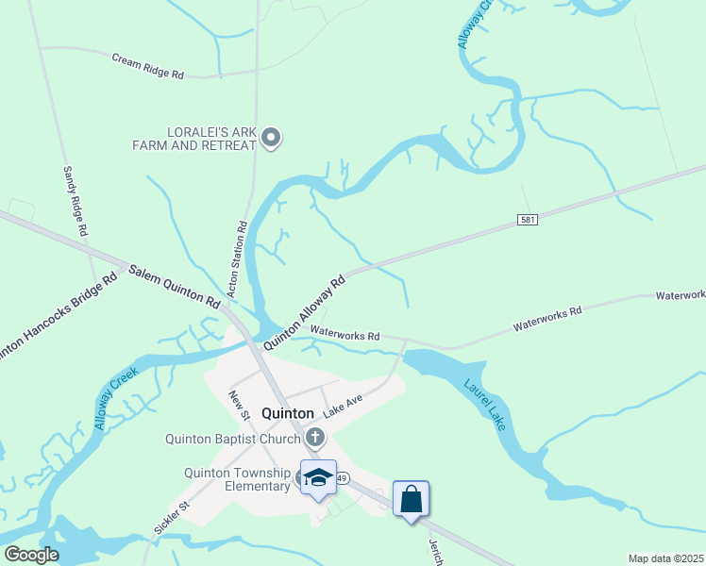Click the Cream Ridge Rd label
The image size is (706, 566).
point(147,65)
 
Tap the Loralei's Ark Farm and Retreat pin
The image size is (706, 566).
point(271,139)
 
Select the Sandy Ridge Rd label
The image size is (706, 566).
point(76,201)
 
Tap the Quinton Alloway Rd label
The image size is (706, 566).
point(304,312)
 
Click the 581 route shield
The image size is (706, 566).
point(529,220)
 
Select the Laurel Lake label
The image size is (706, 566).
point(485,405)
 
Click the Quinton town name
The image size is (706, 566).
point(287,412)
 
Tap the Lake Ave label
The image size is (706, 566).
point(344,407)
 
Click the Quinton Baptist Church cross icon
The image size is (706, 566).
point(315,437)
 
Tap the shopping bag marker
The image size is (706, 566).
point(412,498)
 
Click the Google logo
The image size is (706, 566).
point(30,555)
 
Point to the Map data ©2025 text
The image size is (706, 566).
point(666,558)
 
